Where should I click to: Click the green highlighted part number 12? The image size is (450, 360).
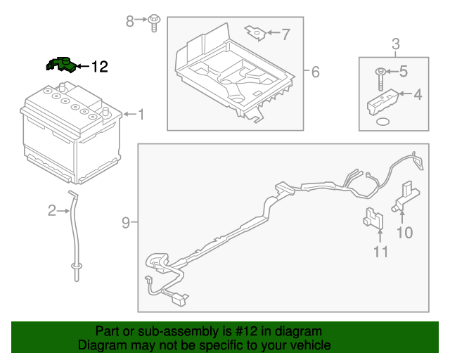click(x=60, y=65)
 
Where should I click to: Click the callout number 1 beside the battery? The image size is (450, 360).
click(x=141, y=114)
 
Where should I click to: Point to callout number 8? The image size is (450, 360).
click(x=130, y=22)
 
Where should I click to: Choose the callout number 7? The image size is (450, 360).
click(x=285, y=33)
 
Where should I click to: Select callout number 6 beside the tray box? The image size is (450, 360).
click(x=315, y=72)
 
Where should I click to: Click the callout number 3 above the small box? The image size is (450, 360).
click(x=395, y=43)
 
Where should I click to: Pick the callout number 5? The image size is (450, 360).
click(x=404, y=70)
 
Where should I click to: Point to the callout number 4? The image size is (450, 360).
click(x=417, y=94)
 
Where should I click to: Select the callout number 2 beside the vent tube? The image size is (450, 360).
click(x=51, y=210)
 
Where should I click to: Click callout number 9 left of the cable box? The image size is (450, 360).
click(x=126, y=224)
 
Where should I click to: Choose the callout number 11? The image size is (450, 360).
click(x=380, y=252)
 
